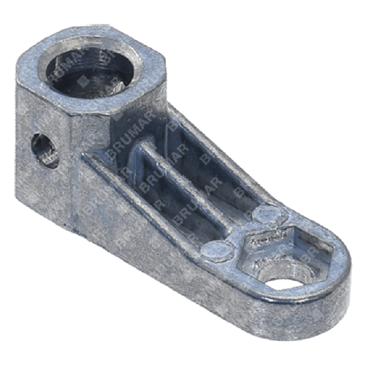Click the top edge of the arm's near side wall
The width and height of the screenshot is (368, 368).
tap(147, 202)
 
